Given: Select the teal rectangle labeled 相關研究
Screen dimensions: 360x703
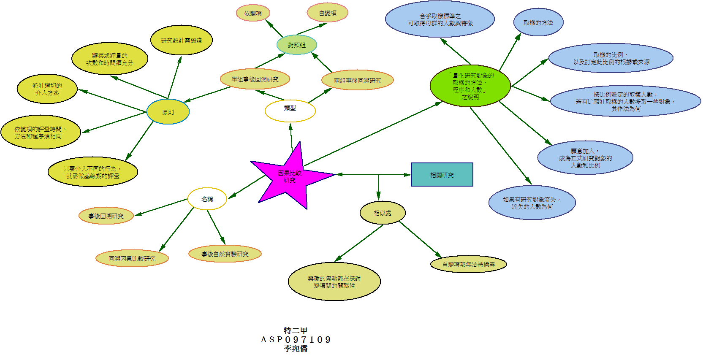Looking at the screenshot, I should [442, 175].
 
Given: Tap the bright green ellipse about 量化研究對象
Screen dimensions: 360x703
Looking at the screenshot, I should [470, 86].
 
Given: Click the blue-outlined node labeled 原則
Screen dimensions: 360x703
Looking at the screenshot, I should [168, 112].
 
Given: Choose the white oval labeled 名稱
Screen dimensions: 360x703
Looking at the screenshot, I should [207, 199].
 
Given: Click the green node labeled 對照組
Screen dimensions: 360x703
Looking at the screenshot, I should [296, 45].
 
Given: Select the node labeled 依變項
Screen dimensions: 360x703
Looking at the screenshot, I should [253, 13].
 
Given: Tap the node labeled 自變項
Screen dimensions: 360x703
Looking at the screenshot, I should [328, 13].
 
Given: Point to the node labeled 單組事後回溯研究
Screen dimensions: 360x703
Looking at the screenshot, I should [255, 79].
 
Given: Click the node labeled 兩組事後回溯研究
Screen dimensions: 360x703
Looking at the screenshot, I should [357, 80].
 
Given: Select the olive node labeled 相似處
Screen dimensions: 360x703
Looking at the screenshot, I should [383, 213].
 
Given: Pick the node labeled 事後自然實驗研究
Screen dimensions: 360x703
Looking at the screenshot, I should [225, 254].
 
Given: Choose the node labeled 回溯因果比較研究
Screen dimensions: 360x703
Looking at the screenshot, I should [132, 258].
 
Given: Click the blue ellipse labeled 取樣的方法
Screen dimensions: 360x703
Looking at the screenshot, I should [538, 22].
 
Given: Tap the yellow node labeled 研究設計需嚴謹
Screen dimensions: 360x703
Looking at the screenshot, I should [182, 40].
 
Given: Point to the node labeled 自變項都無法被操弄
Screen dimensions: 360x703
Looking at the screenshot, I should [468, 264].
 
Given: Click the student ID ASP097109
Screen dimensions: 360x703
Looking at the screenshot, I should [296, 340].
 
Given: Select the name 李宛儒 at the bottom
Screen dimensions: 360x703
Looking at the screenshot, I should [296, 349].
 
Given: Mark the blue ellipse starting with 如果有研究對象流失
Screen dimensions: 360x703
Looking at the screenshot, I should [532, 203].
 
